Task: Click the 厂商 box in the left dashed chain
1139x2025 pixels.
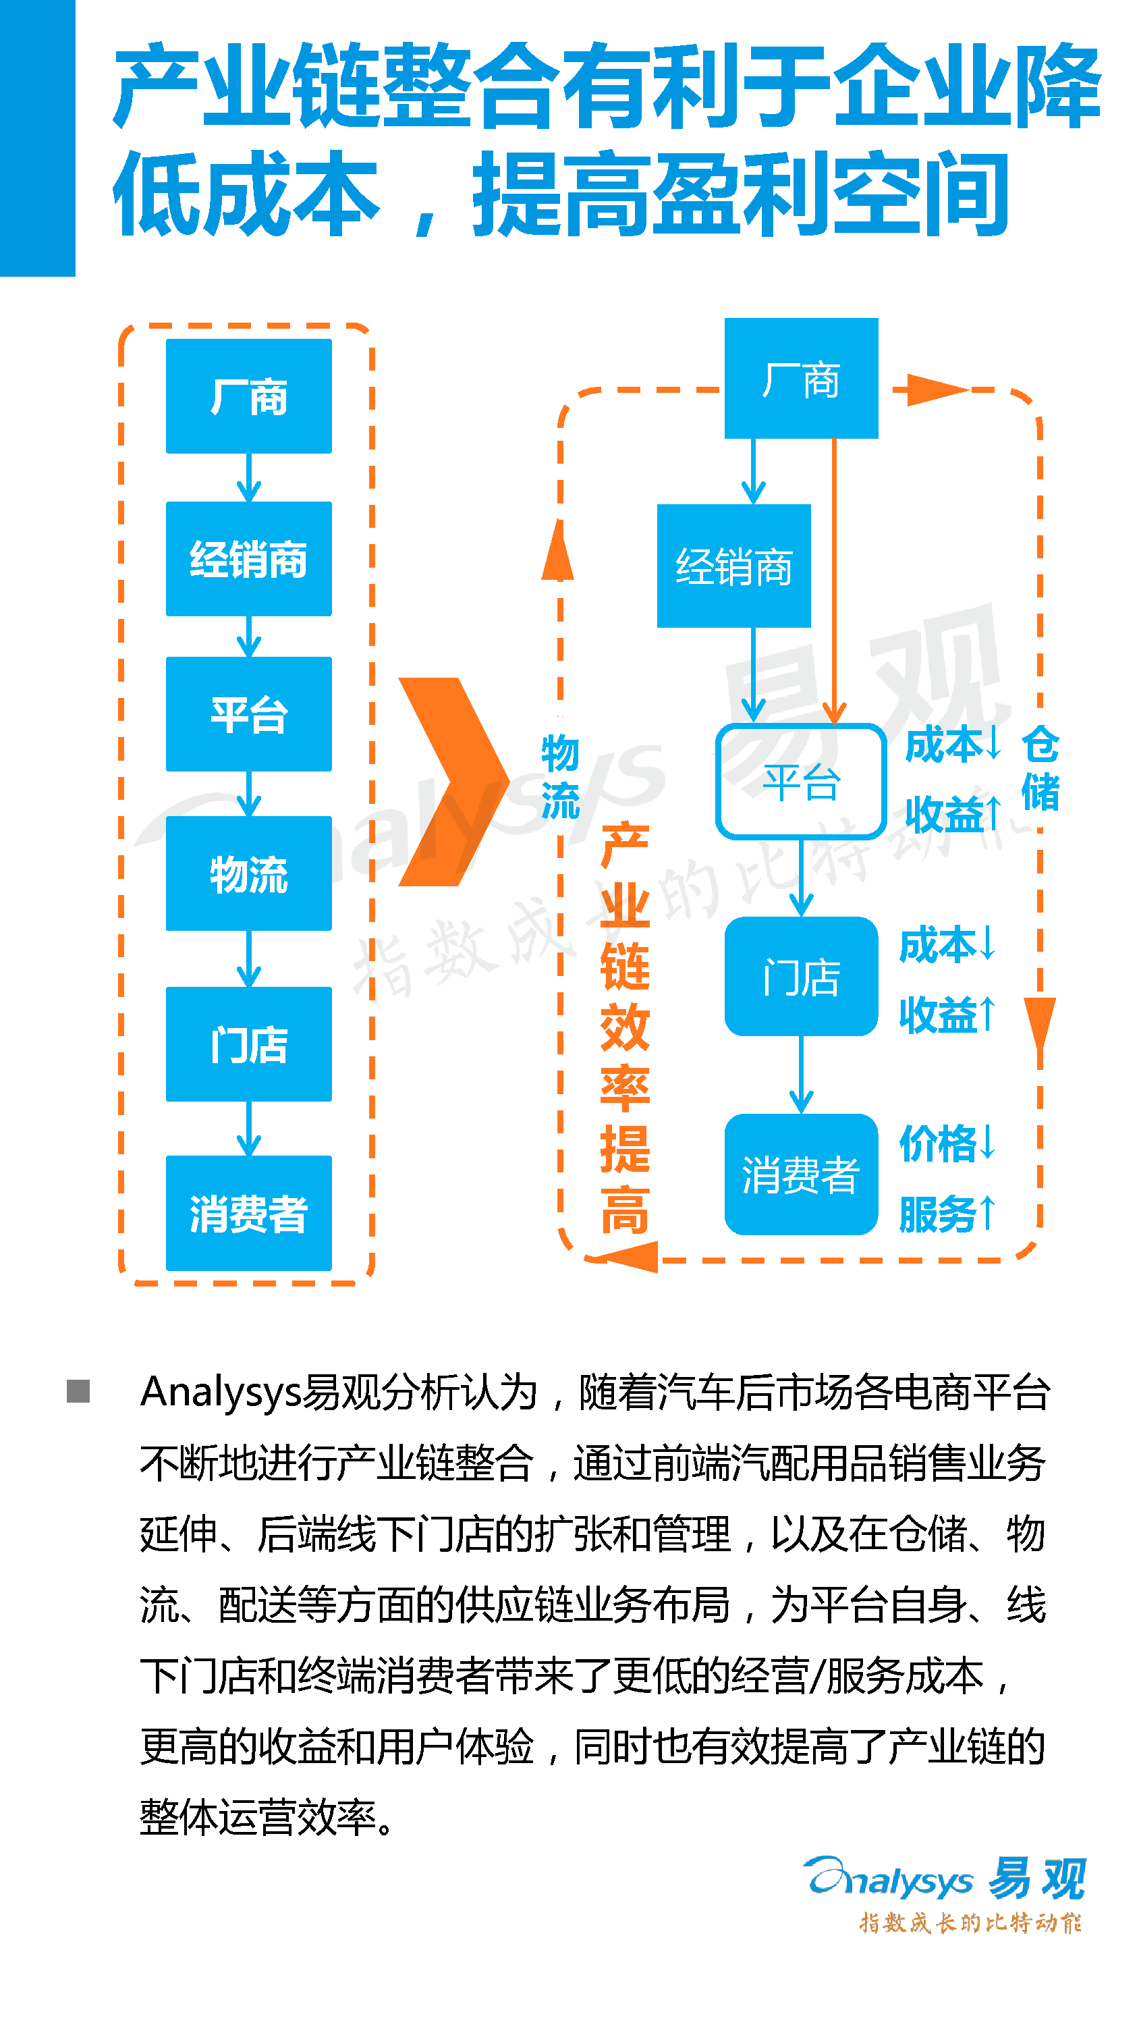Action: click(248, 396)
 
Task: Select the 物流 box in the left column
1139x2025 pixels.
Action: click(248, 873)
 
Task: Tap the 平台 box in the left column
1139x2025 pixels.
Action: click(248, 713)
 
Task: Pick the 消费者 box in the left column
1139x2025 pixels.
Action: click(248, 1213)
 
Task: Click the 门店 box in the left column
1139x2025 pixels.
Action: click(248, 1044)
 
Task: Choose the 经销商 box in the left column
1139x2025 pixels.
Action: click(248, 559)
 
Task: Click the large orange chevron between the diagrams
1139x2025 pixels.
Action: click(453, 782)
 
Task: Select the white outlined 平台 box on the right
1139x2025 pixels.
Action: click(801, 782)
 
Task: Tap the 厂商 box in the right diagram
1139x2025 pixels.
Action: click(801, 378)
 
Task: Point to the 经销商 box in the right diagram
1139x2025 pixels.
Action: click(733, 566)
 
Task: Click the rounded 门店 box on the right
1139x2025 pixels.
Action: click(801, 976)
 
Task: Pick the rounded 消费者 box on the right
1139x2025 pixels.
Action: click(801, 1174)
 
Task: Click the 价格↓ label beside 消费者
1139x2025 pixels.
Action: click(947, 1142)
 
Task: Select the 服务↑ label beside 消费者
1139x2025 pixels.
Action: click(947, 1213)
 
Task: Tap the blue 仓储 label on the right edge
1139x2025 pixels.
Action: click(1040, 768)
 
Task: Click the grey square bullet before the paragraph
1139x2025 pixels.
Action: click(78, 1391)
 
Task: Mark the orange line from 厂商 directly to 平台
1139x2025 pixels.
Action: click(834, 582)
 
